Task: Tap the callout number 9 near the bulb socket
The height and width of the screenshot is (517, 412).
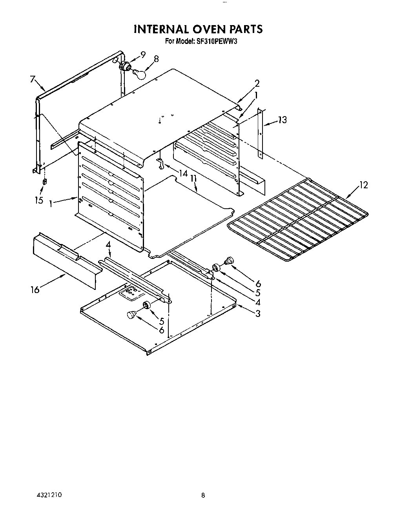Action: (x=143, y=55)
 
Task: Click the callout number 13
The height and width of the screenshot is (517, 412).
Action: (x=283, y=120)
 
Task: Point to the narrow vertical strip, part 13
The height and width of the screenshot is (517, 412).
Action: (x=260, y=133)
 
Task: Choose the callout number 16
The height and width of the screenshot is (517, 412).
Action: (x=35, y=290)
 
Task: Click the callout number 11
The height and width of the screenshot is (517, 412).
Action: (x=193, y=178)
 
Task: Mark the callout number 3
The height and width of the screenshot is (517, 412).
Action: (x=257, y=313)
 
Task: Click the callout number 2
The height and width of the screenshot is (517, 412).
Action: (x=257, y=83)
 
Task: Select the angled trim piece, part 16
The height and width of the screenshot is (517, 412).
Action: (x=65, y=261)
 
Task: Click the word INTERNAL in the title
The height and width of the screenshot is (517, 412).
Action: (x=160, y=29)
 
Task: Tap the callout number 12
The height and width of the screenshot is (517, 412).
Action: (x=364, y=185)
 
